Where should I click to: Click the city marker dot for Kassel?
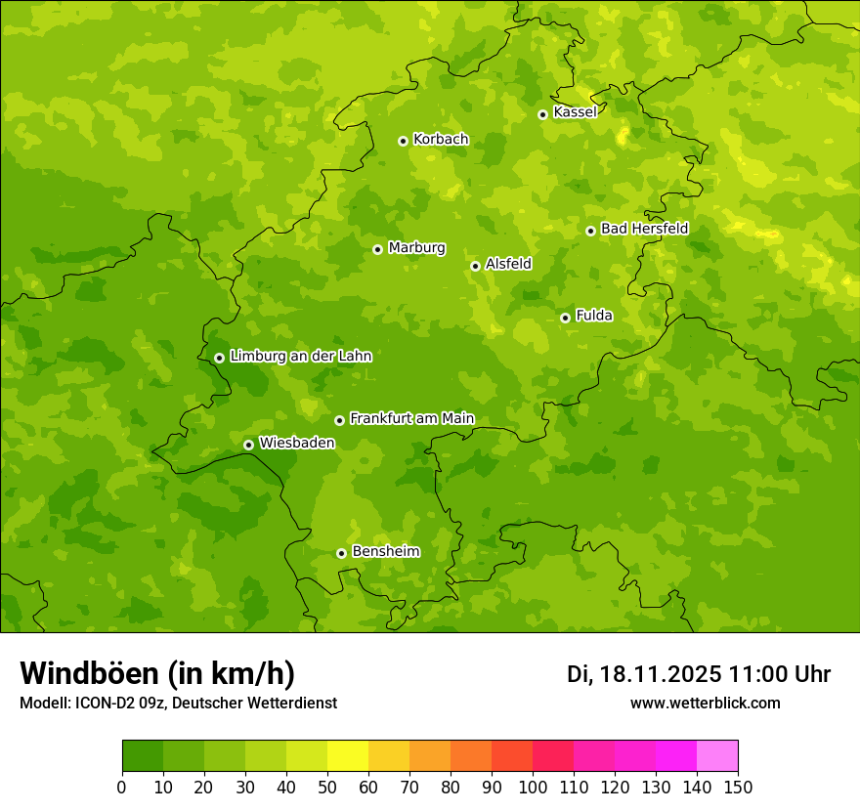542,114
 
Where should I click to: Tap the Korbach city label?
441,140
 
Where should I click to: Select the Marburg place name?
416,248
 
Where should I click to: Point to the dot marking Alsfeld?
475,266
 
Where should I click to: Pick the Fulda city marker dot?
565,318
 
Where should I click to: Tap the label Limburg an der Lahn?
300,357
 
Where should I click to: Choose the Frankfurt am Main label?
411,419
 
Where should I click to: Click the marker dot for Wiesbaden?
248,445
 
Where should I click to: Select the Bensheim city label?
385,552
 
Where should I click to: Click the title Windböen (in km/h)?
157,673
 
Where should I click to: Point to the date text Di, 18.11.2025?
644,674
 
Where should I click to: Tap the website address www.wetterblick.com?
705,704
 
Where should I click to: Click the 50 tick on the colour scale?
327,787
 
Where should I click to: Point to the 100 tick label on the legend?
533,787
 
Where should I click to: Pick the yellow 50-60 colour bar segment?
348,756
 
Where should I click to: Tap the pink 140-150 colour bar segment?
717,756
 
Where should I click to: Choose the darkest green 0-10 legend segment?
143,756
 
